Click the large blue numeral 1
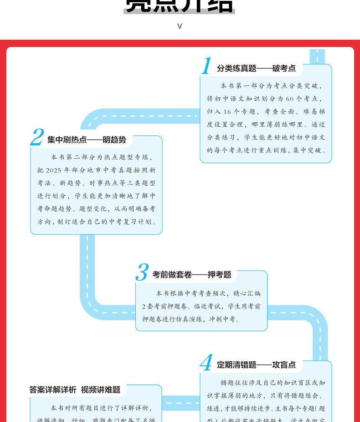pos(206,67)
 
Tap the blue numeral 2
pos(37,138)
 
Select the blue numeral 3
pos(142,273)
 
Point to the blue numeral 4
pos(206,363)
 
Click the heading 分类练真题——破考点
pos(256,68)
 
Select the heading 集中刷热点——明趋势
pos(87,140)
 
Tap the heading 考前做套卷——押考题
pos(192,275)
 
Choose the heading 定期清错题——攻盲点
pos(256,365)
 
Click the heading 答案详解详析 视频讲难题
pos(75,390)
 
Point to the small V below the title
pos(180,26)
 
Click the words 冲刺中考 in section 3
pos(225,319)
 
